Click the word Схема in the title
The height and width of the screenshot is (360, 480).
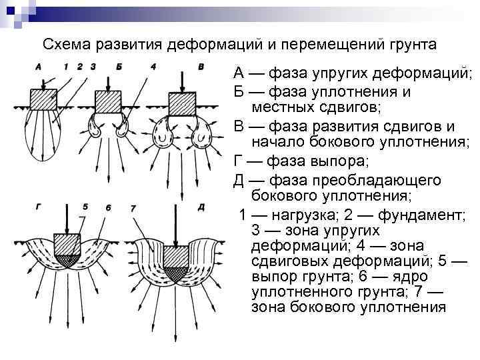[x=66, y=45]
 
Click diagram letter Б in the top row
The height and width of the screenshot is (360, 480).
[x=119, y=67]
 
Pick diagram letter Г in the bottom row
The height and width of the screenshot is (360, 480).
[x=37, y=208]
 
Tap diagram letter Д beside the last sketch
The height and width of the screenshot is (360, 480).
[x=201, y=208]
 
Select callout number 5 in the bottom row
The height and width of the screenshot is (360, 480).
[x=85, y=207]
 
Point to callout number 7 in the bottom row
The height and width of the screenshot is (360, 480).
[x=133, y=209]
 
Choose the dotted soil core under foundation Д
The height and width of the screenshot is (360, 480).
[x=176, y=272]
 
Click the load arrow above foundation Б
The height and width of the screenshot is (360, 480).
[x=107, y=82]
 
